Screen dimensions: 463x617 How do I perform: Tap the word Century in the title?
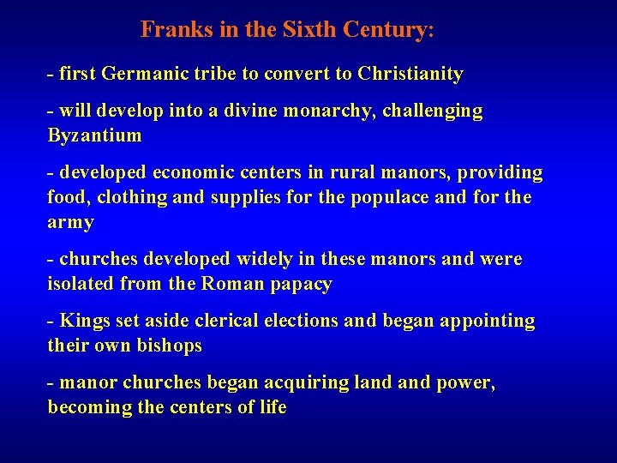386,30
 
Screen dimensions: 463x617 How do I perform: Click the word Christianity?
410,75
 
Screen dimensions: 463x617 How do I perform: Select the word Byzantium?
94,136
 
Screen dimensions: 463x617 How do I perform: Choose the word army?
70,223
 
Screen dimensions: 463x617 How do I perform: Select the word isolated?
81,284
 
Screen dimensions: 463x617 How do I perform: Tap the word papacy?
300,285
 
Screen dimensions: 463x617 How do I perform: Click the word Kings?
84,321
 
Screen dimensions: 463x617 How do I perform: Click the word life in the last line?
272,407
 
